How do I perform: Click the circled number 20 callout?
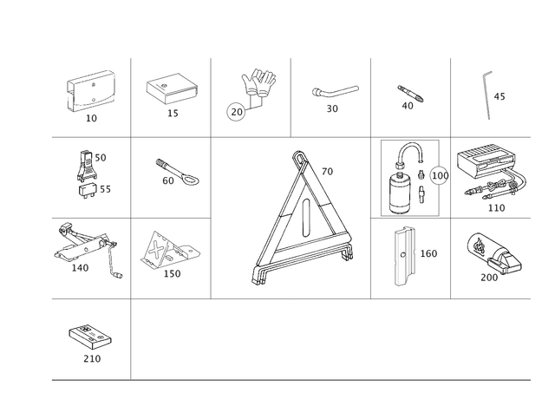point(236,112)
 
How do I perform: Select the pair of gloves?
point(259,82)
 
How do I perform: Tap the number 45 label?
point(499,96)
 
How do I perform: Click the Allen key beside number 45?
point(486,95)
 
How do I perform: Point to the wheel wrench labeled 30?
point(335,91)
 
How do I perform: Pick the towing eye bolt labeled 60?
point(177,172)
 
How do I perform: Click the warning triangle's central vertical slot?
point(306,218)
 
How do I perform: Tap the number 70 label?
point(328,172)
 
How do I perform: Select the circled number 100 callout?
point(440,175)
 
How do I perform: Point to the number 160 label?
point(428,253)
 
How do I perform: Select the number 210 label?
point(92,358)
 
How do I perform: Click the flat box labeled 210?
point(90,337)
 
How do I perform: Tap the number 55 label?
point(105,189)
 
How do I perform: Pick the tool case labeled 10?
point(91,91)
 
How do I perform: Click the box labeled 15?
point(172,88)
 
